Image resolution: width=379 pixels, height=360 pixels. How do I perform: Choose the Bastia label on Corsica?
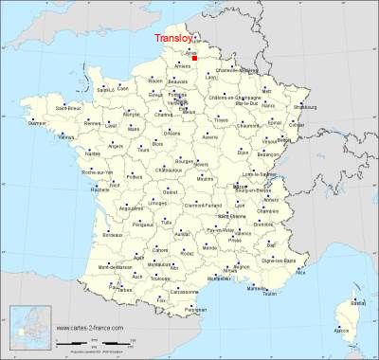click(x=356, y=302)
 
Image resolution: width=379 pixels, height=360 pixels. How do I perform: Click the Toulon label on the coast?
click(x=271, y=295)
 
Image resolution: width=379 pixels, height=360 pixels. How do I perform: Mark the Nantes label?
click(x=92, y=153)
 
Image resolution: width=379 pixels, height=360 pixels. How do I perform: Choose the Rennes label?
click(x=89, y=123)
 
